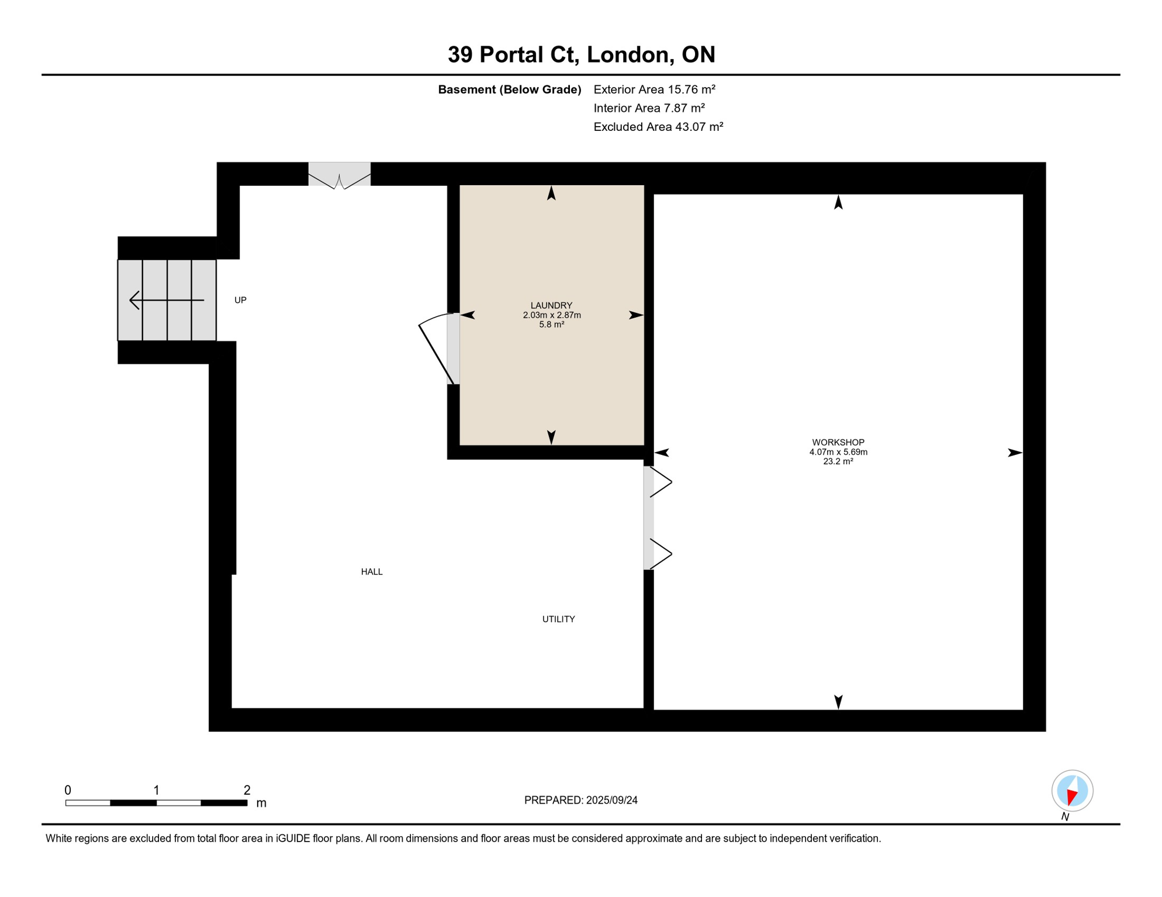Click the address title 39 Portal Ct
pyautogui.click(x=581, y=55)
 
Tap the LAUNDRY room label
pyautogui.click(x=551, y=305)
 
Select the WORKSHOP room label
pyautogui.click(x=838, y=443)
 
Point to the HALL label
pyautogui.click(x=372, y=572)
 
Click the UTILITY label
pyautogui.click(x=558, y=619)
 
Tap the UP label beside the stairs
pyautogui.click(x=240, y=300)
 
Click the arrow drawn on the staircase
pyautogui.click(x=167, y=300)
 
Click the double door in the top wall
pyautogui.click(x=340, y=176)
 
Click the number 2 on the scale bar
pyautogui.click(x=247, y=790)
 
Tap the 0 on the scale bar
pyautogui.click(x=68, y=790)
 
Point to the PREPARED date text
pyautogui.click(x=580, y=800)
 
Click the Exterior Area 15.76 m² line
pyautogui.click(x=654, y=89)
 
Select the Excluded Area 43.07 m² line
pyautogui.click(x=658, y=127)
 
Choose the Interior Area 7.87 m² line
pyautogui.click(x=649, y=108)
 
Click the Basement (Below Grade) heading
pyautogui.click(x=509, y=89)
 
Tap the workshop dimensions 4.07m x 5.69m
pyautogui.click(x=838, y=452)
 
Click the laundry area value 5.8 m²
pyautogui.click(x=551, y=325)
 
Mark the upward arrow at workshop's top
pyautogui.click(x=838, y=203)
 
